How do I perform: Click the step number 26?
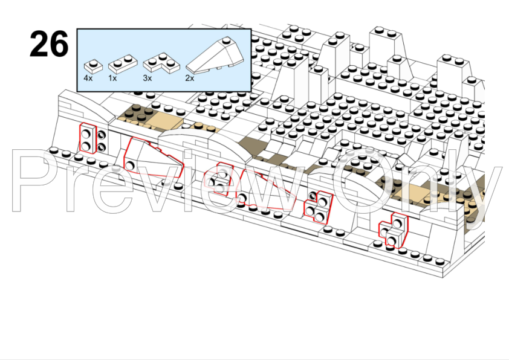tap(49, 43)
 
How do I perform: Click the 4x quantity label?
tap(88, 78)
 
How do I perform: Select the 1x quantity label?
tap(112, 78)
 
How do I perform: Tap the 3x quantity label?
tap(148, 78)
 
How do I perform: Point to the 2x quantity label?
tap(190, 78)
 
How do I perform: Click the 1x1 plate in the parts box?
tap(93, 66)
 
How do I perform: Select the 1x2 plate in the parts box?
tap(123, 63)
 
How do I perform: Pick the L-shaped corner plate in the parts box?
tap(161, 62)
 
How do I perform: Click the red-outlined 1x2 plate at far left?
tap(88, 138)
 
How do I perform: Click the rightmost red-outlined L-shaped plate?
tap(394, 231)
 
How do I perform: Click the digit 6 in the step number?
tap(59, 44)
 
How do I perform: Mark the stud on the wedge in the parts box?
tap(226, 40)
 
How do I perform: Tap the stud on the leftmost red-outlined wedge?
tap(130, 166)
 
